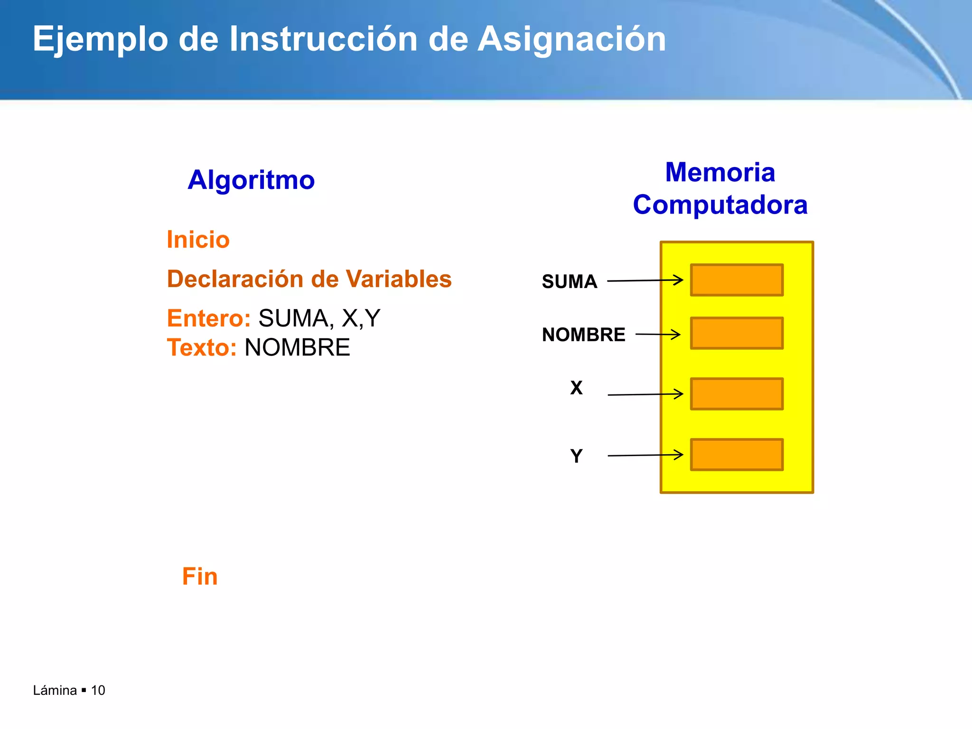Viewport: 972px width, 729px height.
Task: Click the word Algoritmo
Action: click(251, 180)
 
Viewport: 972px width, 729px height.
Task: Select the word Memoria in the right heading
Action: click(720, 172)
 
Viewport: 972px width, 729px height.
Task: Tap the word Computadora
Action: click(720, 205)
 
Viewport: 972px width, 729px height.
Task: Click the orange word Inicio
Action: click(198, 240)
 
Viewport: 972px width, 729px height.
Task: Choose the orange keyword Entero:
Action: click(208, 318)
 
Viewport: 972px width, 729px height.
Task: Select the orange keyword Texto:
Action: click(202, 347)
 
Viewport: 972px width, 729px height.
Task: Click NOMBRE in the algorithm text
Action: click(297, 347)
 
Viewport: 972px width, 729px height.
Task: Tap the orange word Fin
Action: click(200, 577)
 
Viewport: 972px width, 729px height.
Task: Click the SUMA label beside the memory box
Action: click(569, 281)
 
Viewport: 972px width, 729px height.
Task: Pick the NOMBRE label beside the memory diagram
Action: click(583, 335)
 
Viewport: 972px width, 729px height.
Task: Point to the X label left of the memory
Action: click(576, 388)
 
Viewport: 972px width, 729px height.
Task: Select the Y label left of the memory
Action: click(576, 456)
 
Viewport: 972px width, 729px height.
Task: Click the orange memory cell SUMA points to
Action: click(737, 280)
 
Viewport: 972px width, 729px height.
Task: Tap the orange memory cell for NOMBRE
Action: click(737, 333)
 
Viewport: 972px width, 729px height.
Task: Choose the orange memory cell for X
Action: click(737, 394)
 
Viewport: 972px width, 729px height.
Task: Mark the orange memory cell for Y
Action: click(737, 455)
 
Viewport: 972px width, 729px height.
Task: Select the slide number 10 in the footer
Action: click(98, 690)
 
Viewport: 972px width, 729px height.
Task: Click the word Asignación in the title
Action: click(571, 39)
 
